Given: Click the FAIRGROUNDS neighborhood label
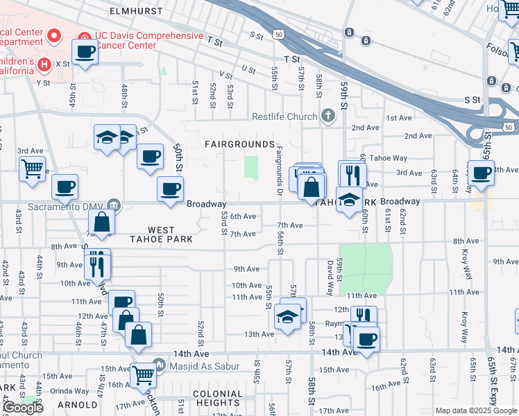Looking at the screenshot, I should click(x=240, y=144).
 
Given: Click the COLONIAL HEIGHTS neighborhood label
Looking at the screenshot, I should click(x=208, y=399).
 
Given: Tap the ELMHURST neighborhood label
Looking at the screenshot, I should click(x=136, y=12).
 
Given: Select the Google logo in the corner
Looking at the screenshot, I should click(x=23, y=408).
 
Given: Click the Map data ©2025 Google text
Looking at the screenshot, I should click(x=475, y=410).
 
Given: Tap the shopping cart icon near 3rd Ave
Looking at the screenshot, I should click(x=32, y=169).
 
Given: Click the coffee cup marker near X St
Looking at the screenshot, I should click(x=85, y=52).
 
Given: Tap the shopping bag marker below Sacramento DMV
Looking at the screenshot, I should click(x=101, y=222).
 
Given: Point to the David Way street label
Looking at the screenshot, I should click(x=330, y=275).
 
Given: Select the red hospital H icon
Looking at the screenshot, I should click(x=45, y=65).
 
